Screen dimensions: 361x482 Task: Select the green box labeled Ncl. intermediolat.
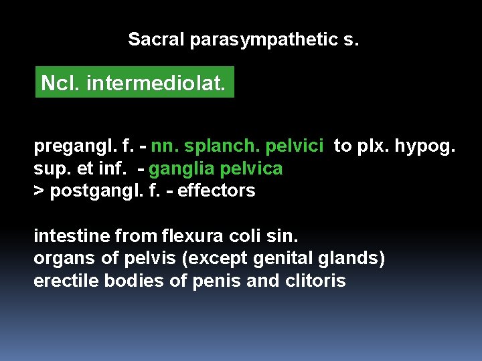point(135,84)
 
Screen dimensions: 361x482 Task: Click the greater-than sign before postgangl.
point(39,191)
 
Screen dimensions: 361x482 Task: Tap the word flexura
point(189,236)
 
